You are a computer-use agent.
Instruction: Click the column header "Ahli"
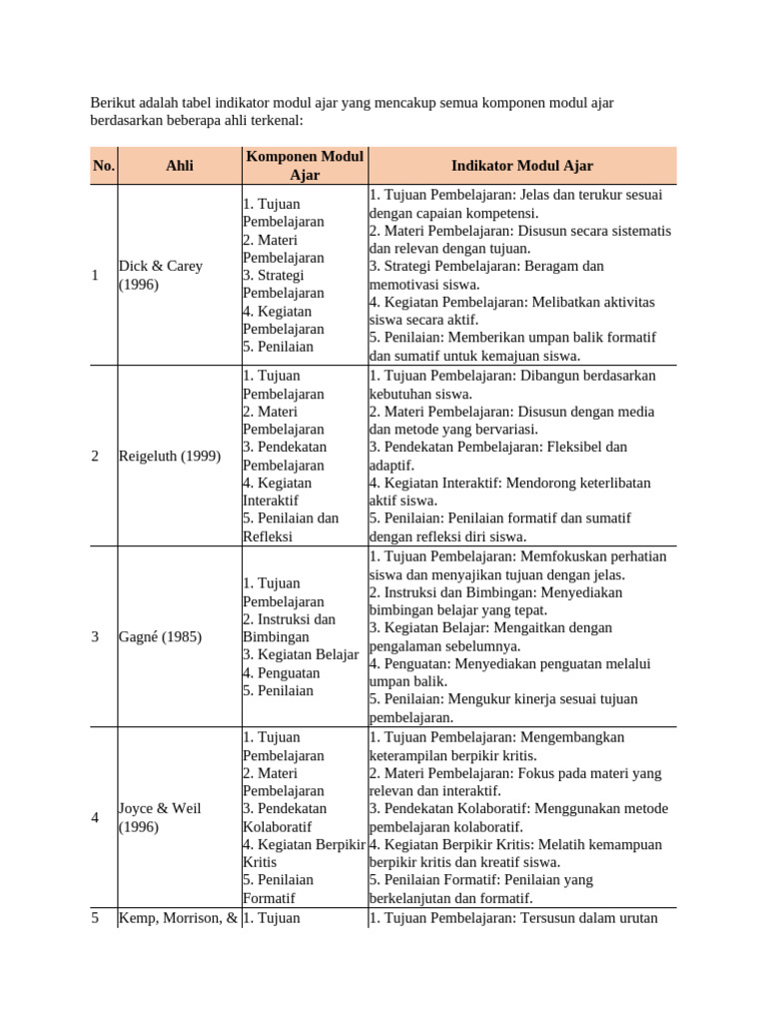[179, 166]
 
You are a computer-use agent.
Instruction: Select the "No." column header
[104, 166]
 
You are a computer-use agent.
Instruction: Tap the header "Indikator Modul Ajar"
[521, 166]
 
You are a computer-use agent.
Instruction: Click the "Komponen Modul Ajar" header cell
[304, 166]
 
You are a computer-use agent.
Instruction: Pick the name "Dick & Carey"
[160, 266]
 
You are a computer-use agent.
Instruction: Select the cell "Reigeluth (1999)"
[170, 457]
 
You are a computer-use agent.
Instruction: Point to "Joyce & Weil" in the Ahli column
[160, 807]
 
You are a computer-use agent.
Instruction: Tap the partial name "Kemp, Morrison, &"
[178, 917]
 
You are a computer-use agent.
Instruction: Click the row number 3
[95, 636]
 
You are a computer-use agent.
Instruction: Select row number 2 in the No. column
[95, 457]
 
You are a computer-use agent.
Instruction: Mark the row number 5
[95, 917]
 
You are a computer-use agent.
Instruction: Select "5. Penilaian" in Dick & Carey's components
[278, 347]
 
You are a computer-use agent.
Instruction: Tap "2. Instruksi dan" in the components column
[289, 619]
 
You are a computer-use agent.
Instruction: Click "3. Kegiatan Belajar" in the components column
[301, 655]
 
